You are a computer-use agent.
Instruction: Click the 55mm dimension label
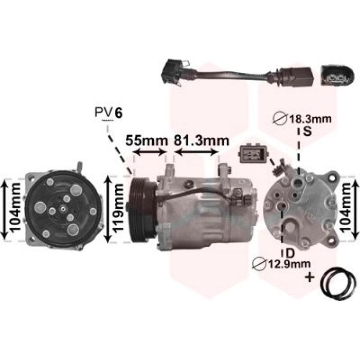click(147, 140)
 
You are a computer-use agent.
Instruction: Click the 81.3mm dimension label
click(202, 140)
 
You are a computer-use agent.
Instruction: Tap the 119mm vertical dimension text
click(118, 209)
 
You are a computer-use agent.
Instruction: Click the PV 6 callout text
click(109, 113)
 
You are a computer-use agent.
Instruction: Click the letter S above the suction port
click(307, 131)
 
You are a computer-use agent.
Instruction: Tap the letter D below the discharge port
click(290, 254)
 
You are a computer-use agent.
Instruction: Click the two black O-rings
click(339, 283)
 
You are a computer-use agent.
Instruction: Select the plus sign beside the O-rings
click(310, 277)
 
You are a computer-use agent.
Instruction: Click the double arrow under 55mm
click(150, 152)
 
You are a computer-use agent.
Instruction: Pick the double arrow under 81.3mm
click(196, 152)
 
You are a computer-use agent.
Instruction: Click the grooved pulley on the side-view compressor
click(142, 210)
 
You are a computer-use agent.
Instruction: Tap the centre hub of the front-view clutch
click(62, 209)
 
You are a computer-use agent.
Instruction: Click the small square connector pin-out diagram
click(253, 153)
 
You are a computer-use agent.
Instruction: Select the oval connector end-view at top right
click(337, 76)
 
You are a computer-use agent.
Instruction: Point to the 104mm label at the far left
click(15, 209)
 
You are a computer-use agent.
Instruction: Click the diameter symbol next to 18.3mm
click(280, 118)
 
